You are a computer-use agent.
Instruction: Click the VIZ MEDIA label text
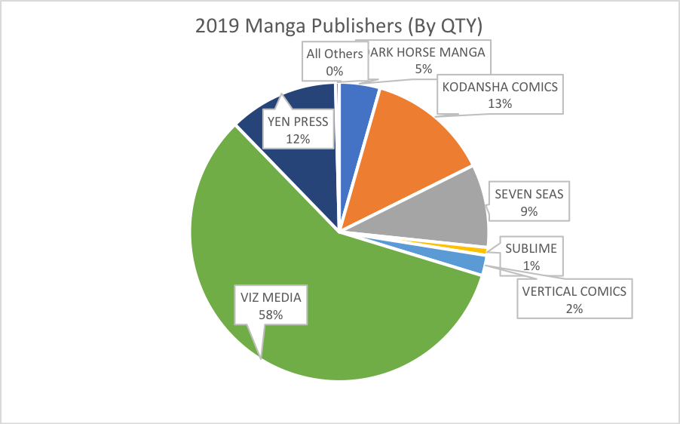pyautogui.click(x=271, y=297)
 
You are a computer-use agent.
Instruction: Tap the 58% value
pyautogui.click(x=271, y=315)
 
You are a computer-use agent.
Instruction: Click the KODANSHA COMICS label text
pyautogui.click(x=500, y=87)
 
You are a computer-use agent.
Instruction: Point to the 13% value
pyautogui.click(x=500, y=103)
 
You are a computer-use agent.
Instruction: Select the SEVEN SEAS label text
pyautogui.click(x=529, y=194)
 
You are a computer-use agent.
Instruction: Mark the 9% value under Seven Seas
pyautogui.click(x=528, y=211)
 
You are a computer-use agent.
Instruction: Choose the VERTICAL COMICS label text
pyautogui.click(x=575, y=291)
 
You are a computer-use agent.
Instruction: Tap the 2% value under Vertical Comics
pyautogui.click(x=575, y=308)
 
